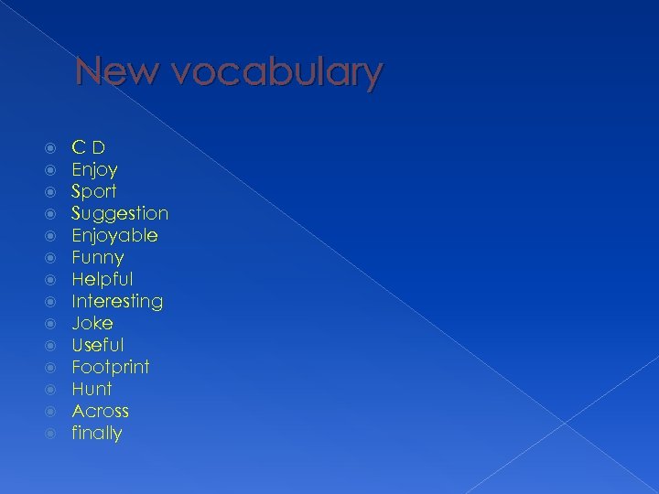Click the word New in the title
coord(110,72)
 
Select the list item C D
coord(89,147)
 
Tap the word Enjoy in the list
coord(94,170)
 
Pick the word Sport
coord(94,192)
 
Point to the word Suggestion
coord(120,214)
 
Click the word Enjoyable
coord(114,236)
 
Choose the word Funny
coord(97,258)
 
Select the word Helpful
coord(103,279)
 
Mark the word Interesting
coord(117,301)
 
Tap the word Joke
coord(92,323)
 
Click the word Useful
coord(98,345)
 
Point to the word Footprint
coord(111,367)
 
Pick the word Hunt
coord(92,389)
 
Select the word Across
coord(100,411)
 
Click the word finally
coord(97,433)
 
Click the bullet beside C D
coord(51,147)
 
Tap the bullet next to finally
coord(51,433)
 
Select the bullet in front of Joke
coord(51,323)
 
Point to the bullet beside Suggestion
coord(51,213)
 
